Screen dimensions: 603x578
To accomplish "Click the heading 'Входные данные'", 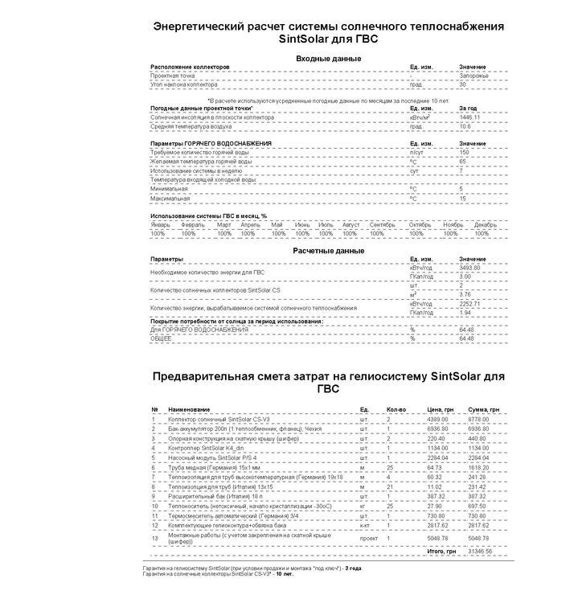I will tap(328, 59).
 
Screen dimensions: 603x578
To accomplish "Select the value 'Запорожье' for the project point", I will tap(473, 76).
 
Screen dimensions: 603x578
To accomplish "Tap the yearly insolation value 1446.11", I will tap(470, 117).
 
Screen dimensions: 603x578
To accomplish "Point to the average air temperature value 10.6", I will tap(465, 126).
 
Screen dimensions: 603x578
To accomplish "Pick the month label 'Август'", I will tap(350, 224).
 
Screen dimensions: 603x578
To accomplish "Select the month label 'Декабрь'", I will tap(486, 224).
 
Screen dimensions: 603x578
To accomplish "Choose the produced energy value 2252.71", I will tap(469, 304).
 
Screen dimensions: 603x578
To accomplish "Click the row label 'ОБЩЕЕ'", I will tap(162, 338).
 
